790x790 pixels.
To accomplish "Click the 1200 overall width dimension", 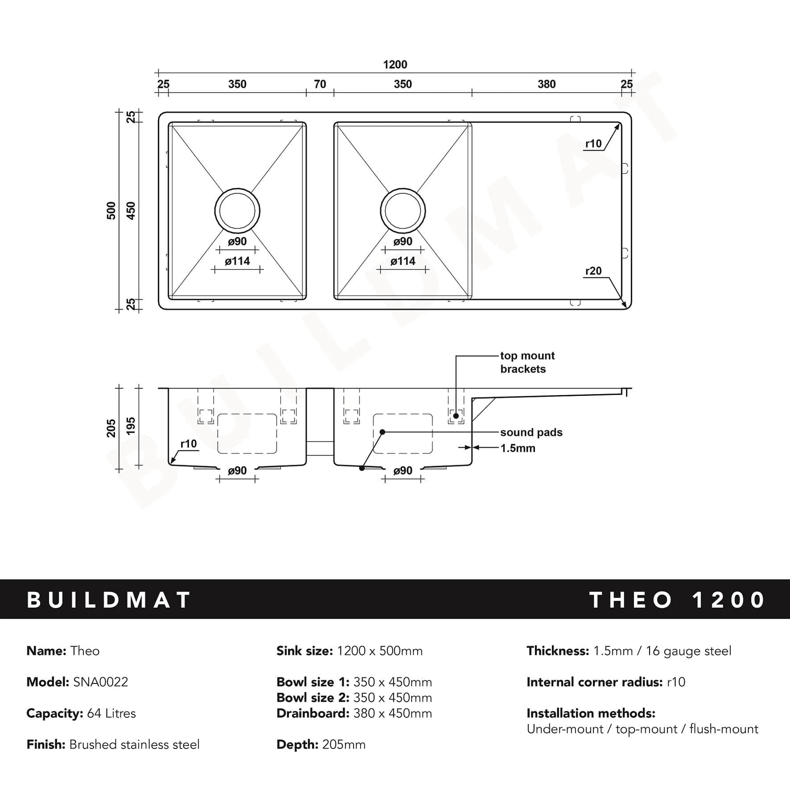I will point(395,65).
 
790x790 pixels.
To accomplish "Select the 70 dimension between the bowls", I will point(320,84).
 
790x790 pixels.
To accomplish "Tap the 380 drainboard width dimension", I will point(546,84).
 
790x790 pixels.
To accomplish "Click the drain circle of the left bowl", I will point(237,211).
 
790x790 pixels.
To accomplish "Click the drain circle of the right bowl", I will point(403,211).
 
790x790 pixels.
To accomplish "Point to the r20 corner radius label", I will point(593,271).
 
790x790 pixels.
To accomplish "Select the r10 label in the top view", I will point(593,144).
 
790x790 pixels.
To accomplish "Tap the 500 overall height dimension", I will point(111,211).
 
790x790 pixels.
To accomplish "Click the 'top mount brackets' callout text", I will point(527,362).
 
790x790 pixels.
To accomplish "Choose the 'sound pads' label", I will point(531,432).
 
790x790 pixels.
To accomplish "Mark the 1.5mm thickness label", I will point(518,448).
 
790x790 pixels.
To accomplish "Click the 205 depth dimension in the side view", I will point(111,428).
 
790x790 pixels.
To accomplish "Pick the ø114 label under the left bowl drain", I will point(237,261).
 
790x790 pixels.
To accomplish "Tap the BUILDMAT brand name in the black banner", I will point(109,600).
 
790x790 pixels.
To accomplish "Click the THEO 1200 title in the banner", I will point(677,600).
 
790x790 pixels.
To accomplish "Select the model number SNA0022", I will point(100,682).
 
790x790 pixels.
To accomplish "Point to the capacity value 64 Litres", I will point(111,713).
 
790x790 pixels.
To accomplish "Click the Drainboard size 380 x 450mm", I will point(354,713).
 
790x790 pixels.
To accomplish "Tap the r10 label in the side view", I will point(189,444).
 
